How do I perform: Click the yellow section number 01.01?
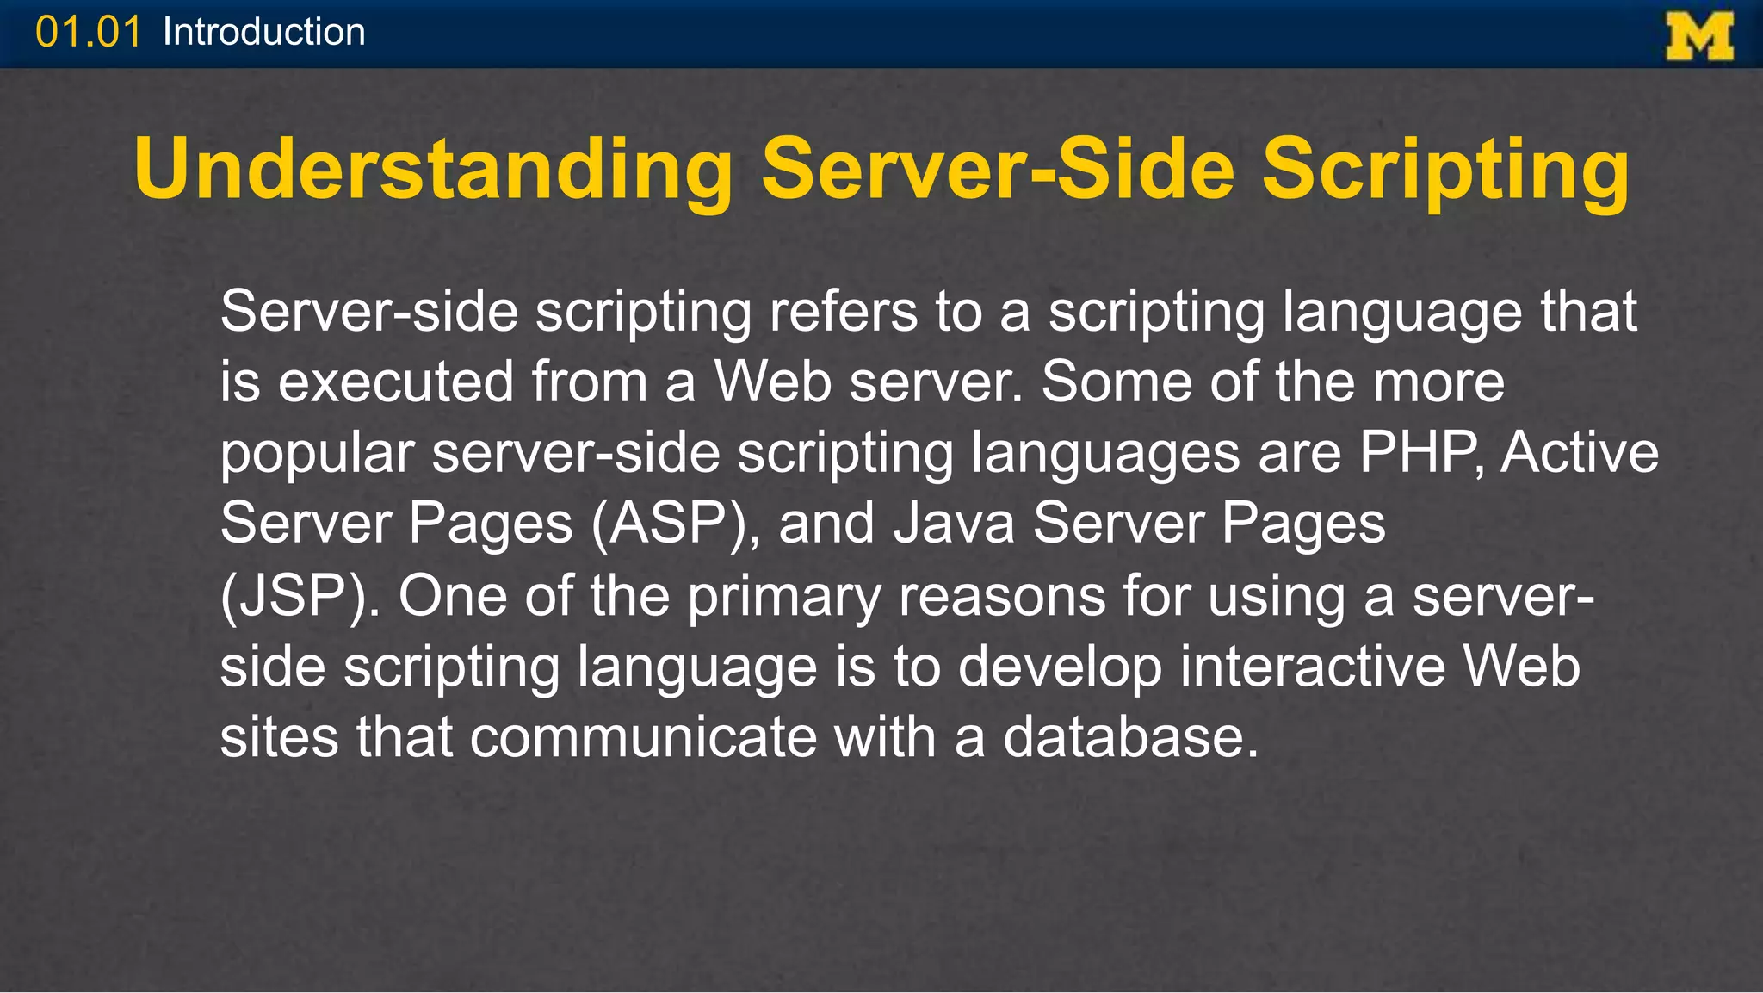[88, 33]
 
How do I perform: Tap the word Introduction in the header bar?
[263, 33]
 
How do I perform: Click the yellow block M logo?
[1699, 36]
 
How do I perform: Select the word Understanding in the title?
[433, 169]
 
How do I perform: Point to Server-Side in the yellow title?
[999, 169]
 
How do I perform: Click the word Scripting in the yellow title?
[1445, 169]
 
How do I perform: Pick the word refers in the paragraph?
[843, 311]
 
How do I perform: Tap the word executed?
[395, 382]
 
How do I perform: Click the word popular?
[317, 453]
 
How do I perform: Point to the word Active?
[1580, 453]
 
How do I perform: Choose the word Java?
[954, 524]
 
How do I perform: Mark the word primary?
[784, 595]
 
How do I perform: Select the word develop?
[1060, 667]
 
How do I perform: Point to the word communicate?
[643, 737]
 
